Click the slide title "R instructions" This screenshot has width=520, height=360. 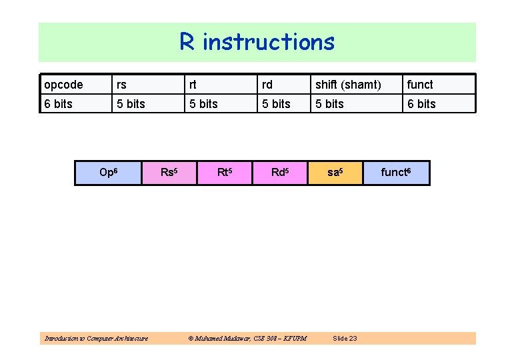point(257,42)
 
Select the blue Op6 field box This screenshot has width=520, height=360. point(109,173)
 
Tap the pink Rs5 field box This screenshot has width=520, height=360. point(169,173)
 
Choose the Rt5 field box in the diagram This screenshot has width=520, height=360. point(225,173)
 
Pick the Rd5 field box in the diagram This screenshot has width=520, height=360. point(280,173)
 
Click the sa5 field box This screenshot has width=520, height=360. point(335,173)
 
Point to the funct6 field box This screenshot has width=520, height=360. point(396,173)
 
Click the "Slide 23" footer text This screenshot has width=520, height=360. point(345,339)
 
